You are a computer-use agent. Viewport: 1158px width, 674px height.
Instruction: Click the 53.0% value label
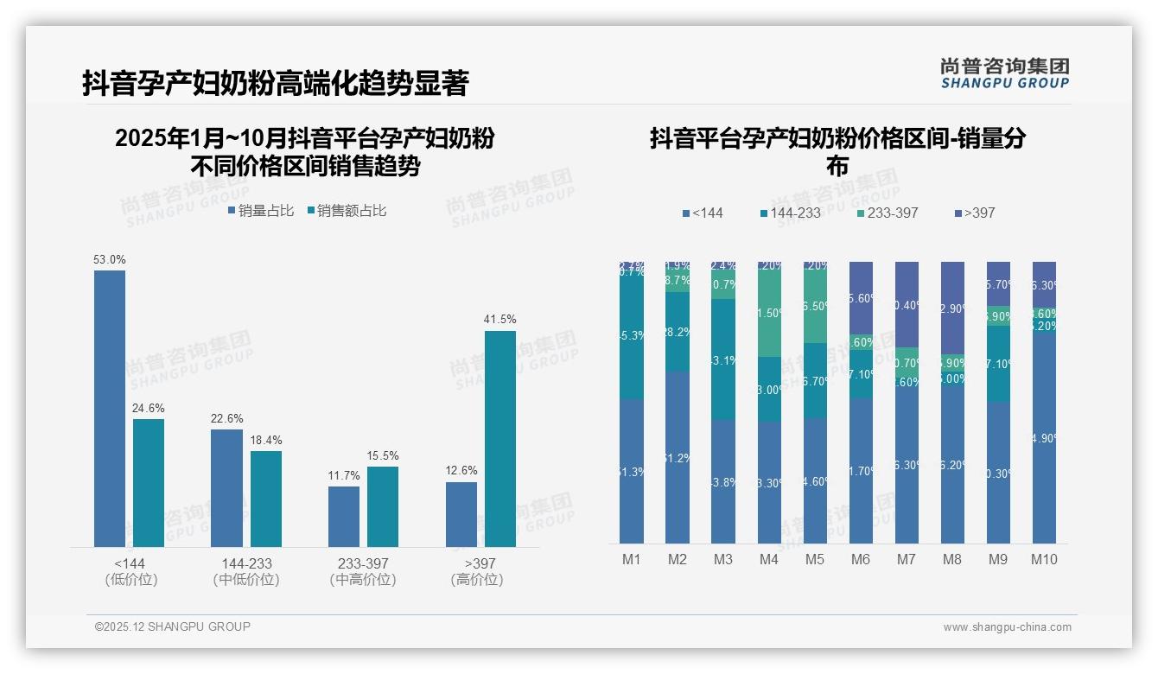[x=110, y=259]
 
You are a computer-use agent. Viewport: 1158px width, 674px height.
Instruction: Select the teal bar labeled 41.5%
[x=499, y=438]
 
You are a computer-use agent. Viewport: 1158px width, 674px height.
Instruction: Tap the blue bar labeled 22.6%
[x=226, y=487]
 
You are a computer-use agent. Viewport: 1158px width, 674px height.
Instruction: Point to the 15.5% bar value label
[x=382, y=455]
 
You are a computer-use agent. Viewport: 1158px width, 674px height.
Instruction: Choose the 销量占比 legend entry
[x=261, y=210]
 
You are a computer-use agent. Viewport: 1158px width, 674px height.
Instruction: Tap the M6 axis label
[x=860, y=559]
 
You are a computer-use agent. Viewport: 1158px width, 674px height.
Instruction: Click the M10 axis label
[x=1044, y=559]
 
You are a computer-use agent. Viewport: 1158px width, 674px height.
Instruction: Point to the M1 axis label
[x=632, y=559]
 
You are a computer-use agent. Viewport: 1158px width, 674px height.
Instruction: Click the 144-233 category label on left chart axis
[x=246, y=563]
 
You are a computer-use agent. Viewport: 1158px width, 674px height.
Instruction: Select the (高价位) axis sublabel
[x=477, y=580]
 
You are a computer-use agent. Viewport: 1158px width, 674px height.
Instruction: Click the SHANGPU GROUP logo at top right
[x=1004, y=73]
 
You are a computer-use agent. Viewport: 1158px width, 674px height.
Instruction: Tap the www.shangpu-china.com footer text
[x=1007, y=627]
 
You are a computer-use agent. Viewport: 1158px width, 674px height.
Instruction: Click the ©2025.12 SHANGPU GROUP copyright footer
[x=173, y=626]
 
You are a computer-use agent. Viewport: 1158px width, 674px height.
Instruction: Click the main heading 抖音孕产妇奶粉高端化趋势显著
[x=275, y=84]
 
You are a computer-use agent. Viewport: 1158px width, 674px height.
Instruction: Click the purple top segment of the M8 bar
[x=951, y=308]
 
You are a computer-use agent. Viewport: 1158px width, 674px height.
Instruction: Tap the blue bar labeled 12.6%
[x=461, y=514]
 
